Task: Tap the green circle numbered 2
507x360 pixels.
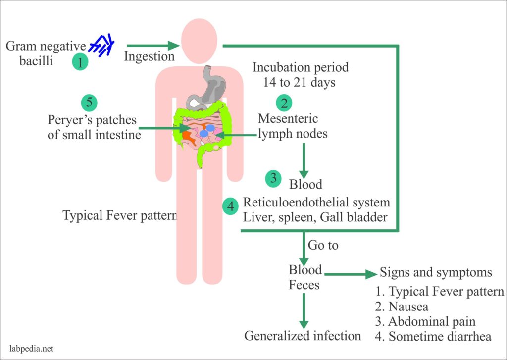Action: pos(284,103)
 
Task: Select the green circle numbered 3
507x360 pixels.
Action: pos(273,178)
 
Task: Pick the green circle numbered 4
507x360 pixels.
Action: pos(229,206)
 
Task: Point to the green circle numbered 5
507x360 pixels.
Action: pos(89,103)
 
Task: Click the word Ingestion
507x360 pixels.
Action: pos(149,56)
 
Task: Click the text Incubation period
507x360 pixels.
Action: pos(301,67)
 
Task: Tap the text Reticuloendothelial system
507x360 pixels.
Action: pos(316,202)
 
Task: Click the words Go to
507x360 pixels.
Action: pos(323,245)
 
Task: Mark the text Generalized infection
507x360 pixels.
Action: pos(303,336)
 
